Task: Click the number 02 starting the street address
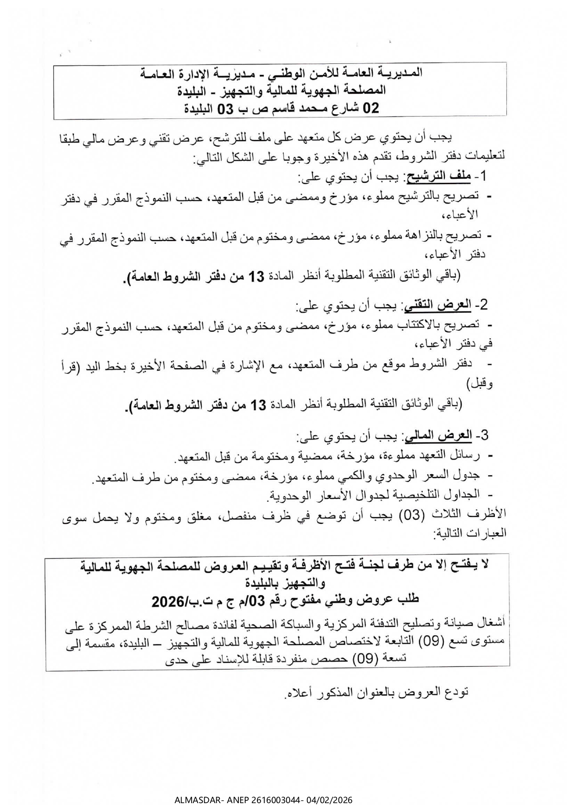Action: [371, 108]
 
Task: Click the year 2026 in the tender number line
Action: [168, 602]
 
